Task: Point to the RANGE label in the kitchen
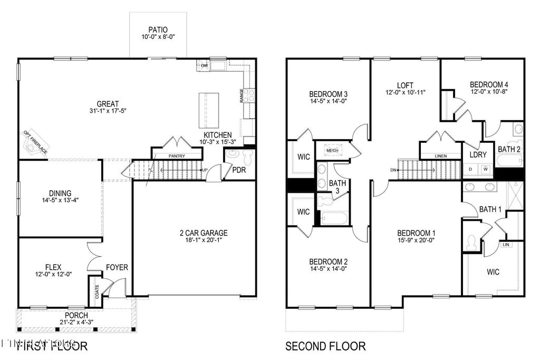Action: pos(242,95)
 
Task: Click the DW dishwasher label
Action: pos(204,66)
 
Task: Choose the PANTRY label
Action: pos(177,157)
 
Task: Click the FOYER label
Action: pos(117,267)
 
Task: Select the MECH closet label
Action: pos(332,150)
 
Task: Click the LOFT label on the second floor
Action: pos(405,85)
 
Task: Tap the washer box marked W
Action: pos(485,169)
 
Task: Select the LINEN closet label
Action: pos(441,156)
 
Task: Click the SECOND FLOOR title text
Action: pos(325,346)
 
